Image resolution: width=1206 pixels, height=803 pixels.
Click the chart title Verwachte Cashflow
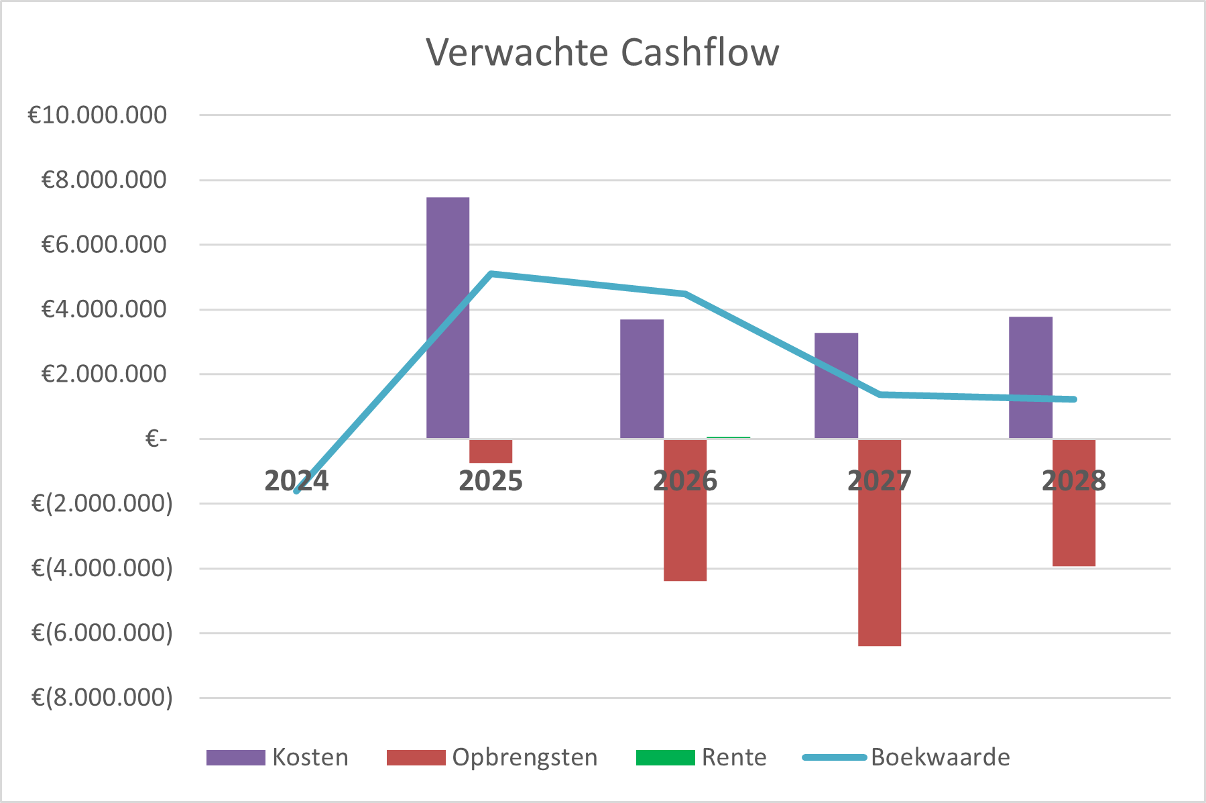click(603, 52)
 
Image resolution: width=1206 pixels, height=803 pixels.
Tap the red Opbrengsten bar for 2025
click(491, 451)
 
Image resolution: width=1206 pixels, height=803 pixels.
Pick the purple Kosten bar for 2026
click(642, 379)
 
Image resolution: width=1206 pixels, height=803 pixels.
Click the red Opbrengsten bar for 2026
click(685, 510)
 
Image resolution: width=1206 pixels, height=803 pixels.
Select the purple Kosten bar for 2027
click(836, 386)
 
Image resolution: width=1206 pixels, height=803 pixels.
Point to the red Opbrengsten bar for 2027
click(880, 543)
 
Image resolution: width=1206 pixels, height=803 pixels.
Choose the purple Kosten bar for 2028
click(1030, 378)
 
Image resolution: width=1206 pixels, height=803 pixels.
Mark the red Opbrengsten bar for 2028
click(1074, 503)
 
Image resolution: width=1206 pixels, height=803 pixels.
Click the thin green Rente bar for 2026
click(728, 437)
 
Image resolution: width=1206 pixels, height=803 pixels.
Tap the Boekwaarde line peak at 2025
click(491, 274)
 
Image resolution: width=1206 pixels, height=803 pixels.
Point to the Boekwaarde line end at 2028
click(1074, 399)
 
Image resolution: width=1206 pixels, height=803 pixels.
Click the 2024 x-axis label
click(296, 481)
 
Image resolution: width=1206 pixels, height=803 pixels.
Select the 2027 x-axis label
click(880, 481)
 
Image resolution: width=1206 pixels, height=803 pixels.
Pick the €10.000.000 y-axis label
click(97, 115)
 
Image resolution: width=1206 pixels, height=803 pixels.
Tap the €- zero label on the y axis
click(156, 439)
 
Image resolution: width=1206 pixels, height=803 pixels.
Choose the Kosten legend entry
click(278, 757)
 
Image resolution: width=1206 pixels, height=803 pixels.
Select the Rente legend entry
click(701, 757)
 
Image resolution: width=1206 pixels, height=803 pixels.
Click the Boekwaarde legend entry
click(906, 757)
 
